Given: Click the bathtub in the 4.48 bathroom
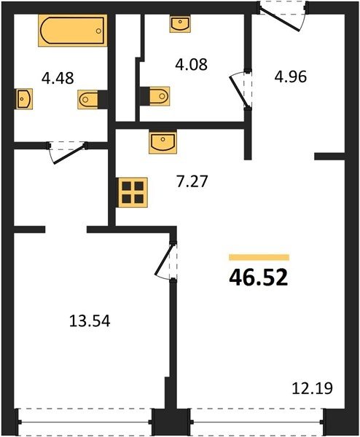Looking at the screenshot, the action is pyautogui.click(x=73, y=31).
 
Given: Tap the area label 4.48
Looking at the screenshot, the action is pyautogui.click(x=58, y=78).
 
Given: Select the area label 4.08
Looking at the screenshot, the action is pyautogui.click(x=191, y=64).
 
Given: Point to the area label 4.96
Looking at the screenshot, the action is pyautogui.click(x=291, y=76).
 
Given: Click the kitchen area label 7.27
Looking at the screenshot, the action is pyautogui.click(x=192, y=181).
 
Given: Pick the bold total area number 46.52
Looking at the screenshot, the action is pyautogui.click(x=259, y=278).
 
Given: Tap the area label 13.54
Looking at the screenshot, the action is pyautogui.click(x=90, y=320).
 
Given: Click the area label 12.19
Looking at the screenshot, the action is pyautogui.click(x=313, y=388).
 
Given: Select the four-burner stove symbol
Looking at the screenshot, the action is pyautogui.click(x=133, y=192).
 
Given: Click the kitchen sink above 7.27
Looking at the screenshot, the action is pyautogui.click(x=163, y=142).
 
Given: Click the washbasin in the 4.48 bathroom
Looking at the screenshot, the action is pyautogui.click(x=24, y=99).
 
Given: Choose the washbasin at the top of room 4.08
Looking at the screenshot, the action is pyautogui.click(x=180, y=24).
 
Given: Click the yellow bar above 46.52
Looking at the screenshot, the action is pyautogui.click(x=259, y=257).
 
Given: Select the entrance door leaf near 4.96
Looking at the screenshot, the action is pyautogui.click(x=280, y=20).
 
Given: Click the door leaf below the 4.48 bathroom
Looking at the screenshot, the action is pyautogui.click(x=69, y=154).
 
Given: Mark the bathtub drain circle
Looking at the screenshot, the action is pyautogui.click(x=98, y=31).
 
